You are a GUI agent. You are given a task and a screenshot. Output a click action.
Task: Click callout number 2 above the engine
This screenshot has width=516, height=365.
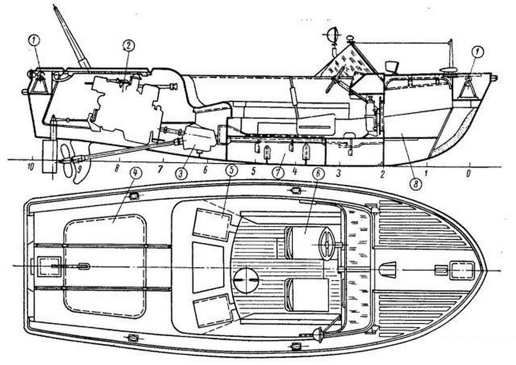pos(128,45)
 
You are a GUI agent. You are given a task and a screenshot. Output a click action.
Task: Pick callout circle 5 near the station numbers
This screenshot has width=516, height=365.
pos(232,171)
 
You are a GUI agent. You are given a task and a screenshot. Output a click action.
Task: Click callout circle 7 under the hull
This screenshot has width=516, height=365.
pos(278,173)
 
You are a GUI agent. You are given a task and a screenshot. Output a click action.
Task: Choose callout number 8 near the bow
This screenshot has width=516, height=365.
pos(416,183)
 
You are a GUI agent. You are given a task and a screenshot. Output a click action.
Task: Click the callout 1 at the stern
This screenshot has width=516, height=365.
pos(34,41)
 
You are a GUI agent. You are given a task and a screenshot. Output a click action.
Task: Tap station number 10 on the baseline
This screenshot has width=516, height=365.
pos(31,167)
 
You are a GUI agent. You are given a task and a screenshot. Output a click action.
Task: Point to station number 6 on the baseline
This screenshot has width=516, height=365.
pos(206,170)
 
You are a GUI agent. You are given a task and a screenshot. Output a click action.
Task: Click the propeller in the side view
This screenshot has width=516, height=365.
pos(68,161)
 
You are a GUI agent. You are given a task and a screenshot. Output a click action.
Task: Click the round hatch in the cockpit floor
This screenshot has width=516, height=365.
pos(246,281)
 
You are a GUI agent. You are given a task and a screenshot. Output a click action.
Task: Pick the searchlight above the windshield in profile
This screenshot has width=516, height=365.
pos(333,34)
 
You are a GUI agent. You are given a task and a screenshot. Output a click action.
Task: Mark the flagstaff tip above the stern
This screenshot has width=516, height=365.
pos(54,7)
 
